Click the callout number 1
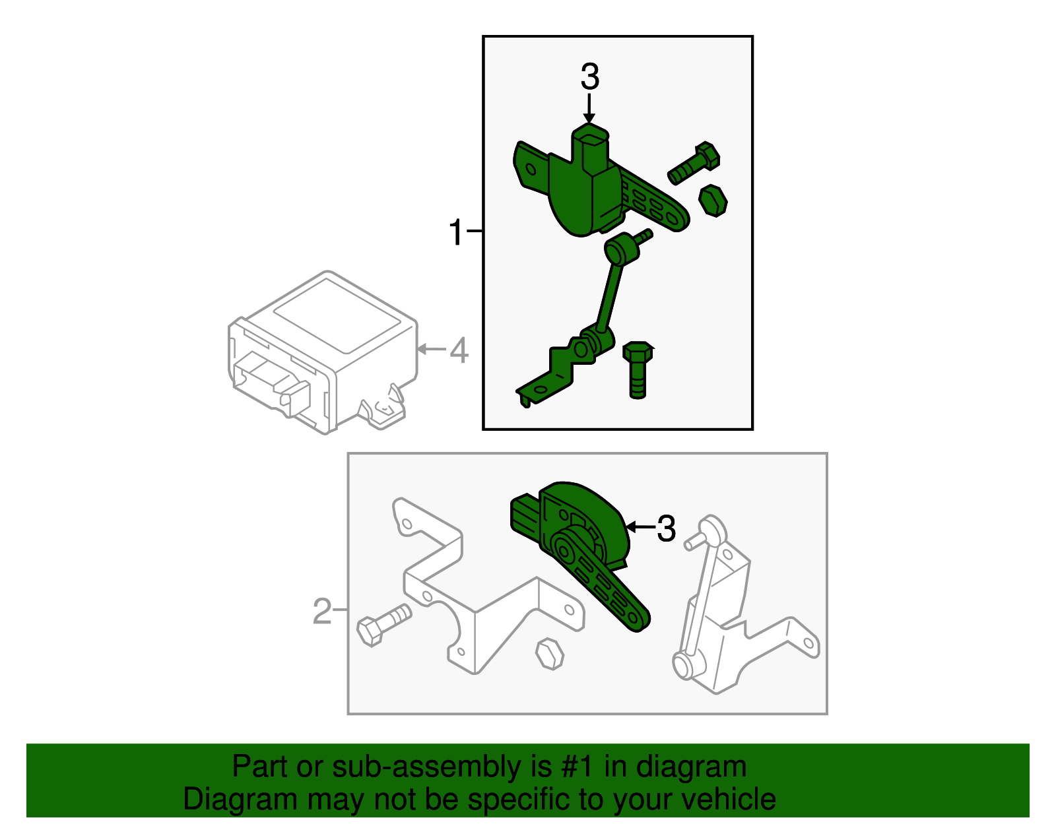click(x=456, y=233)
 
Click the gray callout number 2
click(x=321, y=612)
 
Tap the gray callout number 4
click(x=459, y=350)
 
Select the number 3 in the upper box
click(x=589, y=77)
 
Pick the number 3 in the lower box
click(x=667, y=528)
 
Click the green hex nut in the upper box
click(x=713, y=200)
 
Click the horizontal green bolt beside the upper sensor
click(x=694, y=162)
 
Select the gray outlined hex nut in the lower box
click(x=549, y=654)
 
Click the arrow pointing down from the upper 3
click(x=589, y=109)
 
